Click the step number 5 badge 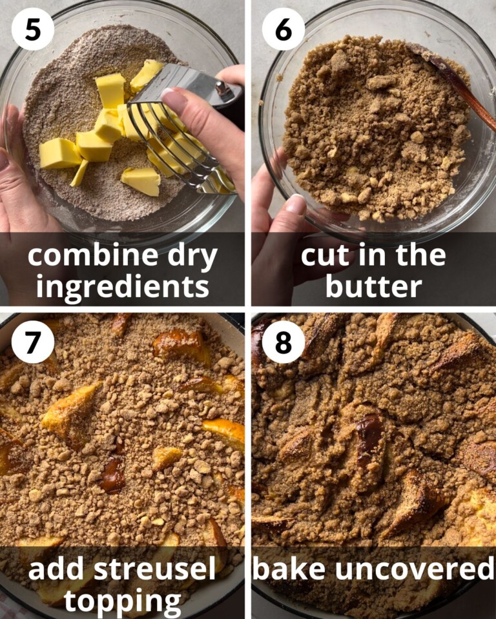click(x=33, y=29)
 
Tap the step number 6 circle click(x=284, y=29)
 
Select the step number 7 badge click(x=33, y=342)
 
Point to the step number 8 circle click(x=284, y=342)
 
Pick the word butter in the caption click(x=374, y=286)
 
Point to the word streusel click(x=154, y=569)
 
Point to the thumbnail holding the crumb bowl click(x=295, y=204)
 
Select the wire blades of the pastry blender click(x=174, y=142)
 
